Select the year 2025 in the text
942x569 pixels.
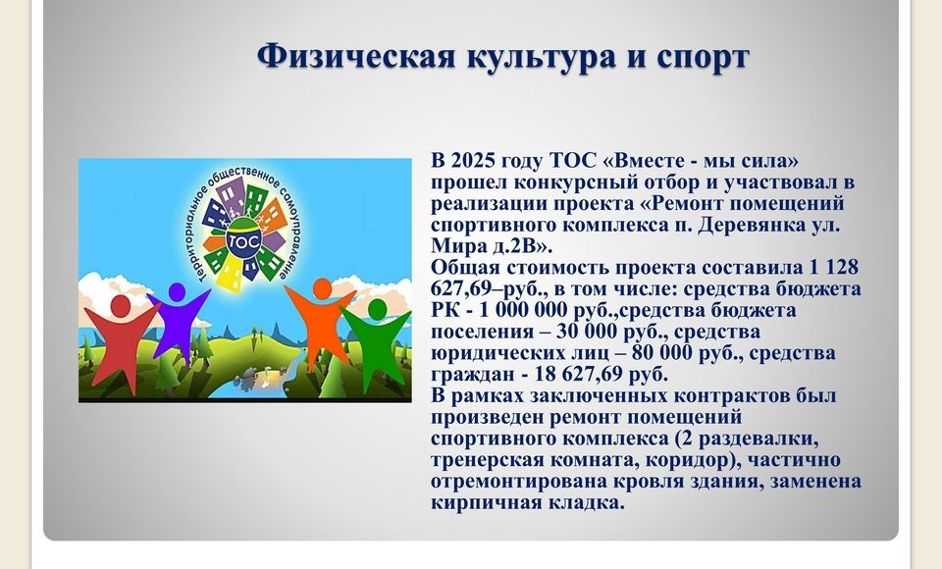473,161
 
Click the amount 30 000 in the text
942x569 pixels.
591,331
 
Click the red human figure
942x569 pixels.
121,339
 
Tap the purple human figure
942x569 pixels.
178,322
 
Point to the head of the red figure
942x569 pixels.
121,306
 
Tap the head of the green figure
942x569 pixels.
377,309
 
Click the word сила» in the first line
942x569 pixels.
771,161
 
